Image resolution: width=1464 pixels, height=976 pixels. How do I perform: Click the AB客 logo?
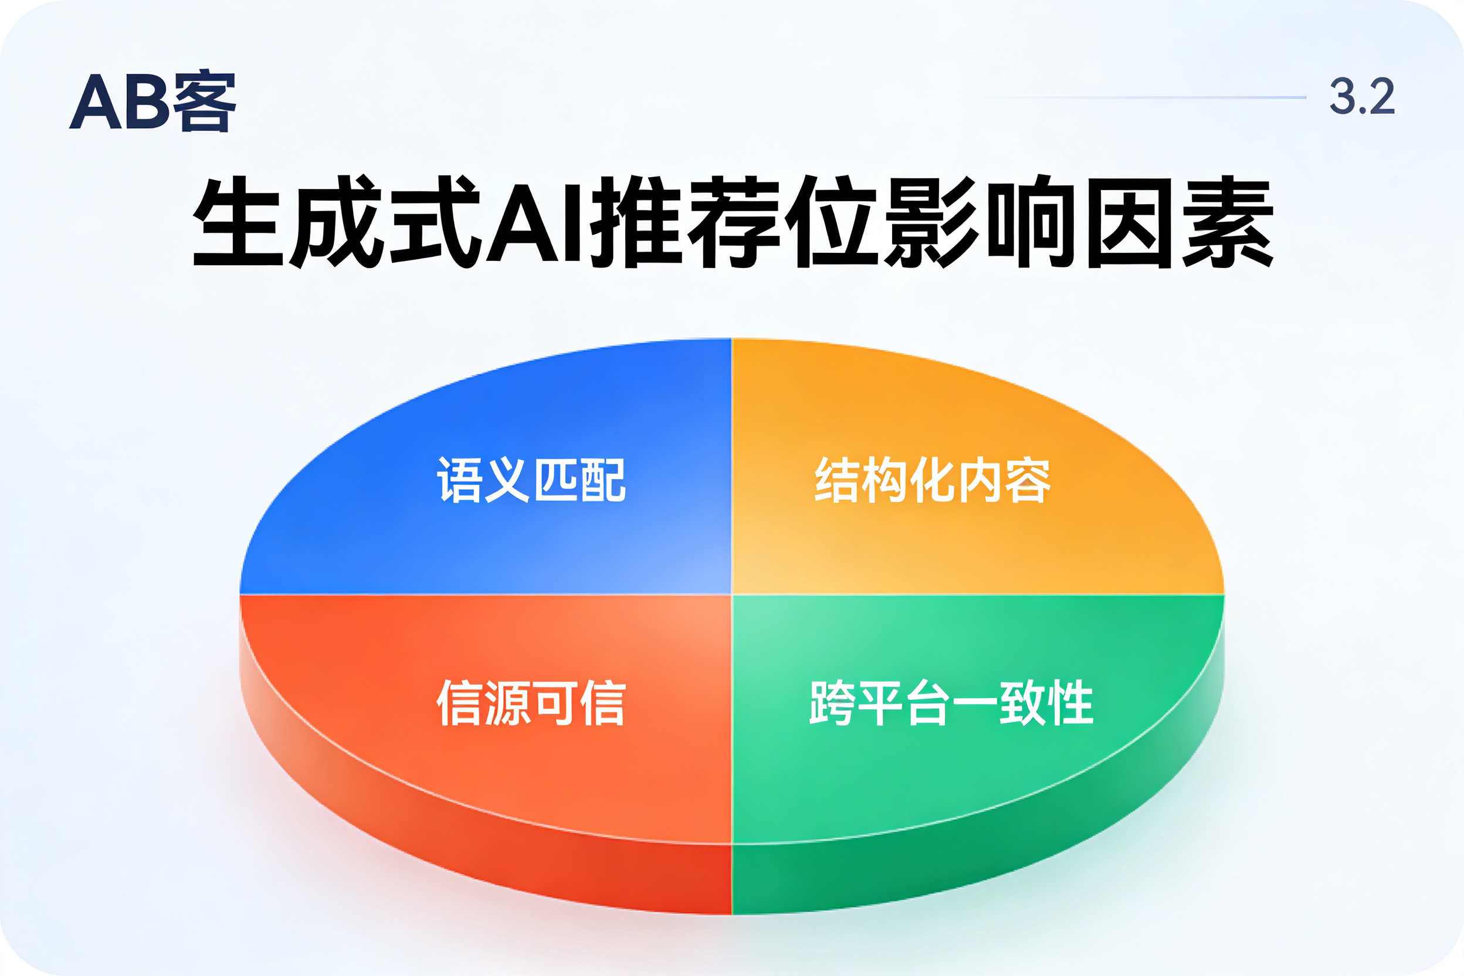tap(152, 100)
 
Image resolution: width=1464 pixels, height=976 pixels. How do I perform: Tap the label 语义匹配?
tap(531, 479)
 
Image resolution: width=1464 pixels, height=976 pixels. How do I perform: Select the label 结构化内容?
tap(933, 479)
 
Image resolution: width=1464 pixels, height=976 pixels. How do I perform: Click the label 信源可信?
tap(531, 703)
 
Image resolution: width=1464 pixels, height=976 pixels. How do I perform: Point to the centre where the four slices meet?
tap(732, 594)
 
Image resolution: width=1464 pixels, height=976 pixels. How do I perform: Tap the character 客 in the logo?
tap(205, 101)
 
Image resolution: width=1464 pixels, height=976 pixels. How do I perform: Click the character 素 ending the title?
tap(1228, 222)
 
